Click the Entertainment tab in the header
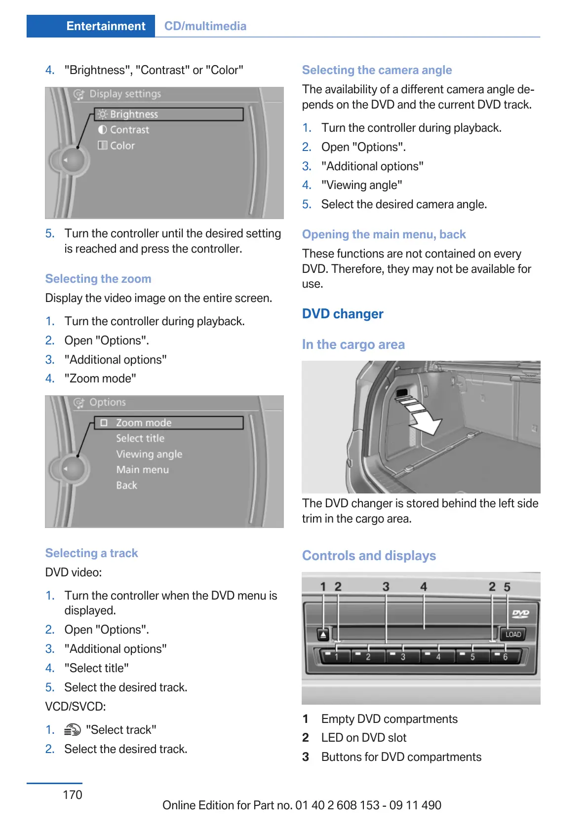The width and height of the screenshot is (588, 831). coord(106,26)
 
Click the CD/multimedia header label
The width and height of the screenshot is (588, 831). coord(205,26)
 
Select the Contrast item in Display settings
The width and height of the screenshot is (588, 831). coord(129,130)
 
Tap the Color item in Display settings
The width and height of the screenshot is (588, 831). coord(122,146)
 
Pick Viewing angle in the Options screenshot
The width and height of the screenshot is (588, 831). coord(149,454)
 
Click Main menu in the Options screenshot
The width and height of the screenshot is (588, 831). coord(142,470)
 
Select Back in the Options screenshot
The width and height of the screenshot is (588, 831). coord(126,486)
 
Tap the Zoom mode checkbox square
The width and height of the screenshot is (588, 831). coord(104,423)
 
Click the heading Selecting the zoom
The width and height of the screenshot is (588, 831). coord(98,279)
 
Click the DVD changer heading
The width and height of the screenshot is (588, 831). coord(343,314)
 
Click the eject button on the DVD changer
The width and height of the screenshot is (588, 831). coord(323,635)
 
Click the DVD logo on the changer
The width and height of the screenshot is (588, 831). coord(520,613)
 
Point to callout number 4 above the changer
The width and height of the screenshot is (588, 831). coord(424,587)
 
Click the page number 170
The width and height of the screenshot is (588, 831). coord(73,794)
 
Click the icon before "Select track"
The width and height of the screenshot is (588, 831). coord(73,730)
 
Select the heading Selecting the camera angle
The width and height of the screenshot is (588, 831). coord(377,70)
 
